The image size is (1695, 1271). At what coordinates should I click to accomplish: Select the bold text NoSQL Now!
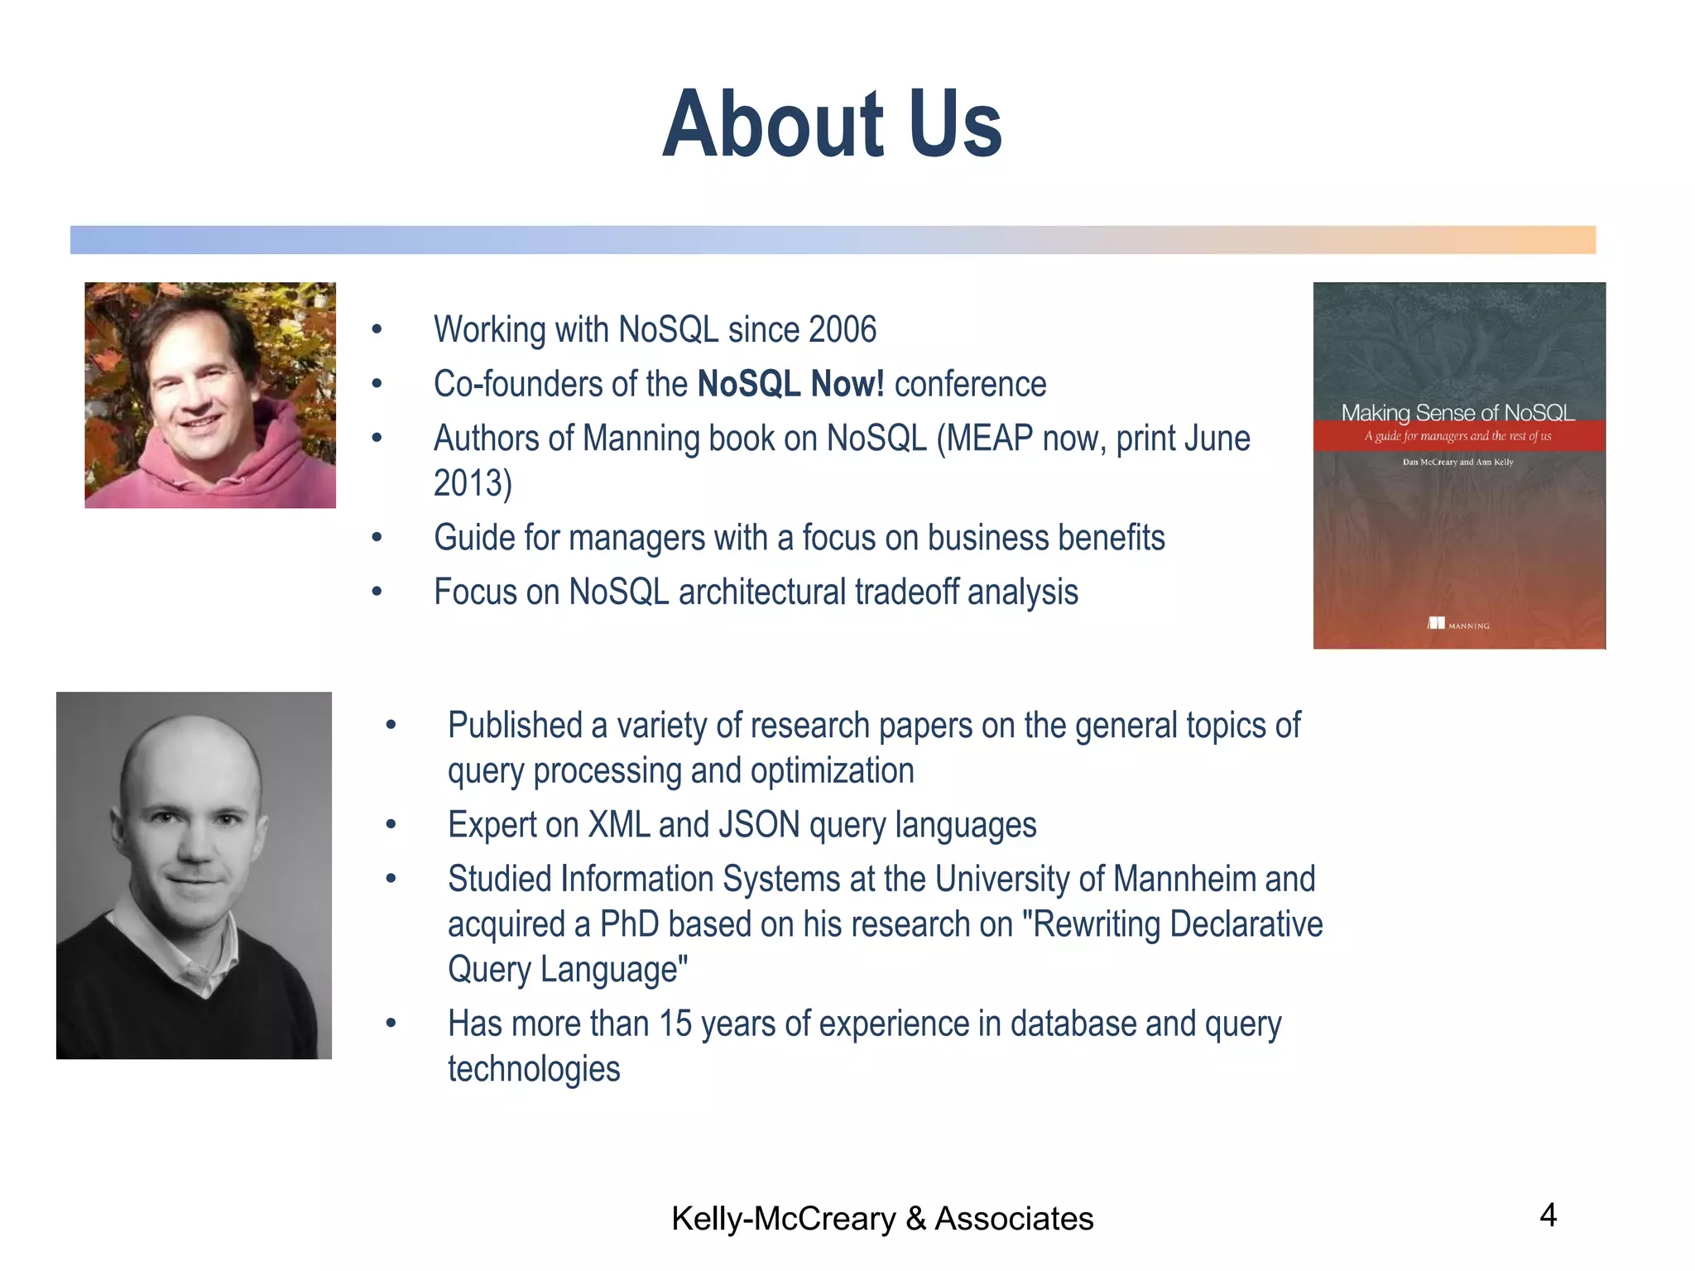790,384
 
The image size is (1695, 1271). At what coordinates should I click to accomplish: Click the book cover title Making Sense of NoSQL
1457,412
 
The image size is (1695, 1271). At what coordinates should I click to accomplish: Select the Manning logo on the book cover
1457,624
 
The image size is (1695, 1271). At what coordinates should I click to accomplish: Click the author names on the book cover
1457,462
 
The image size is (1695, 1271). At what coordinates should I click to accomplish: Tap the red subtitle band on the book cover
1457,436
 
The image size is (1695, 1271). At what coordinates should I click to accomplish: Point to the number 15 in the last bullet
675,1024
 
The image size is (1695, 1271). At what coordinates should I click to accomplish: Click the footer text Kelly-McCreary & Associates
882,1219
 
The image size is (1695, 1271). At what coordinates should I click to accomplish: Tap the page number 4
1548,1215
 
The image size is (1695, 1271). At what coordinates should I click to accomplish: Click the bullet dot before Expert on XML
391,825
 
